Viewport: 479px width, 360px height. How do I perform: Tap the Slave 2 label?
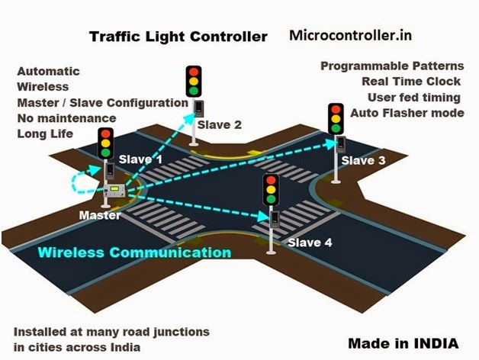coord(219,124)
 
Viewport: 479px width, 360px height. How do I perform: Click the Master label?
coord(99,215)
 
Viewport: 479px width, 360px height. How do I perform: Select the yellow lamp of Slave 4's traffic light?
coord(270,190)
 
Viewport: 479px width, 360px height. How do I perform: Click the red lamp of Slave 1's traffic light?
coord(106,133)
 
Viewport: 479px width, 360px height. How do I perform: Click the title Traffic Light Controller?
coord(178,36)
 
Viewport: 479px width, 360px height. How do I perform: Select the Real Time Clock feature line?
coord(411,82)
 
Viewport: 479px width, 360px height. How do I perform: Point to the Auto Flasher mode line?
coord(407,113)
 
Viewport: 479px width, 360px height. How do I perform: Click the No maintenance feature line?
coord(66,118)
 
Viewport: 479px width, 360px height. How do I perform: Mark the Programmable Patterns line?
coord(392,66)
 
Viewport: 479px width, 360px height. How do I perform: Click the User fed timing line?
coord(415,98)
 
